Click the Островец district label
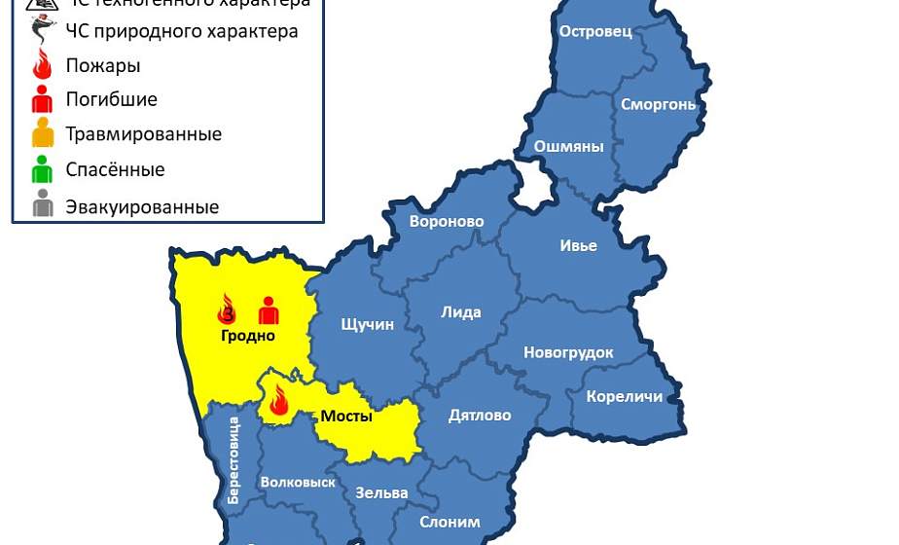(x=595, y=31)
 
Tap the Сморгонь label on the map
(x=659, y=104)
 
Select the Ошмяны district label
(x=569, y=147)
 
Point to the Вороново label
(x=447, y=222)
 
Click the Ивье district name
(x=578, y=245)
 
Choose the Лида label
(x=461, y=312)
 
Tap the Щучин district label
(x=368, y=324)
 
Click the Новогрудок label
(x=568, y=352)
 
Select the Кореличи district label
(x=625, y=396)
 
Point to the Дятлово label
(x=480, y=416)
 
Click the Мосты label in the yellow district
(x=346, y=417)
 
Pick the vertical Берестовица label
(x=234, y=459)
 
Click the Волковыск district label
(x=298, y=483)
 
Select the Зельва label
(x=381, y=492)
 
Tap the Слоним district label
(x=449, y=522)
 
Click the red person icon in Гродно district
(x=269, y=310)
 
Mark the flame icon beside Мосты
(x=279, y=401)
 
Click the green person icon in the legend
(x=43, y=169)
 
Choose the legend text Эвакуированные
(x=142, y=207)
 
